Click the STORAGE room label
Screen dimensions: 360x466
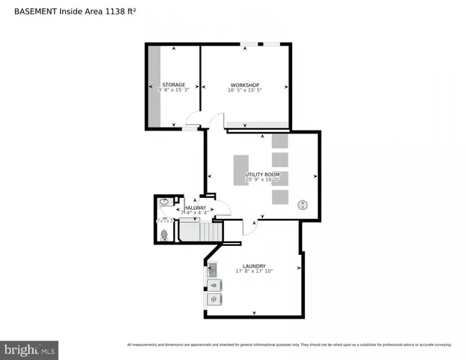174,85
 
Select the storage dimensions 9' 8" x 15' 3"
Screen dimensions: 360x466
174,91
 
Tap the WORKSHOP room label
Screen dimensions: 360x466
245,85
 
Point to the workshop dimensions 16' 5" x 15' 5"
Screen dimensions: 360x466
245,91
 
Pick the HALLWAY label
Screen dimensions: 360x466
195,208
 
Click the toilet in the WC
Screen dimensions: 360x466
164,234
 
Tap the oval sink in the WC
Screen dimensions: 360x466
164,202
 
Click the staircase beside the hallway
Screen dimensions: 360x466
200,232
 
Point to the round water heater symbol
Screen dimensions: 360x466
303,204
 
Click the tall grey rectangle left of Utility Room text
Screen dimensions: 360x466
240,169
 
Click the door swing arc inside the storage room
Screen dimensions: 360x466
193,118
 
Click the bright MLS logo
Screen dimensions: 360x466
29,349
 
